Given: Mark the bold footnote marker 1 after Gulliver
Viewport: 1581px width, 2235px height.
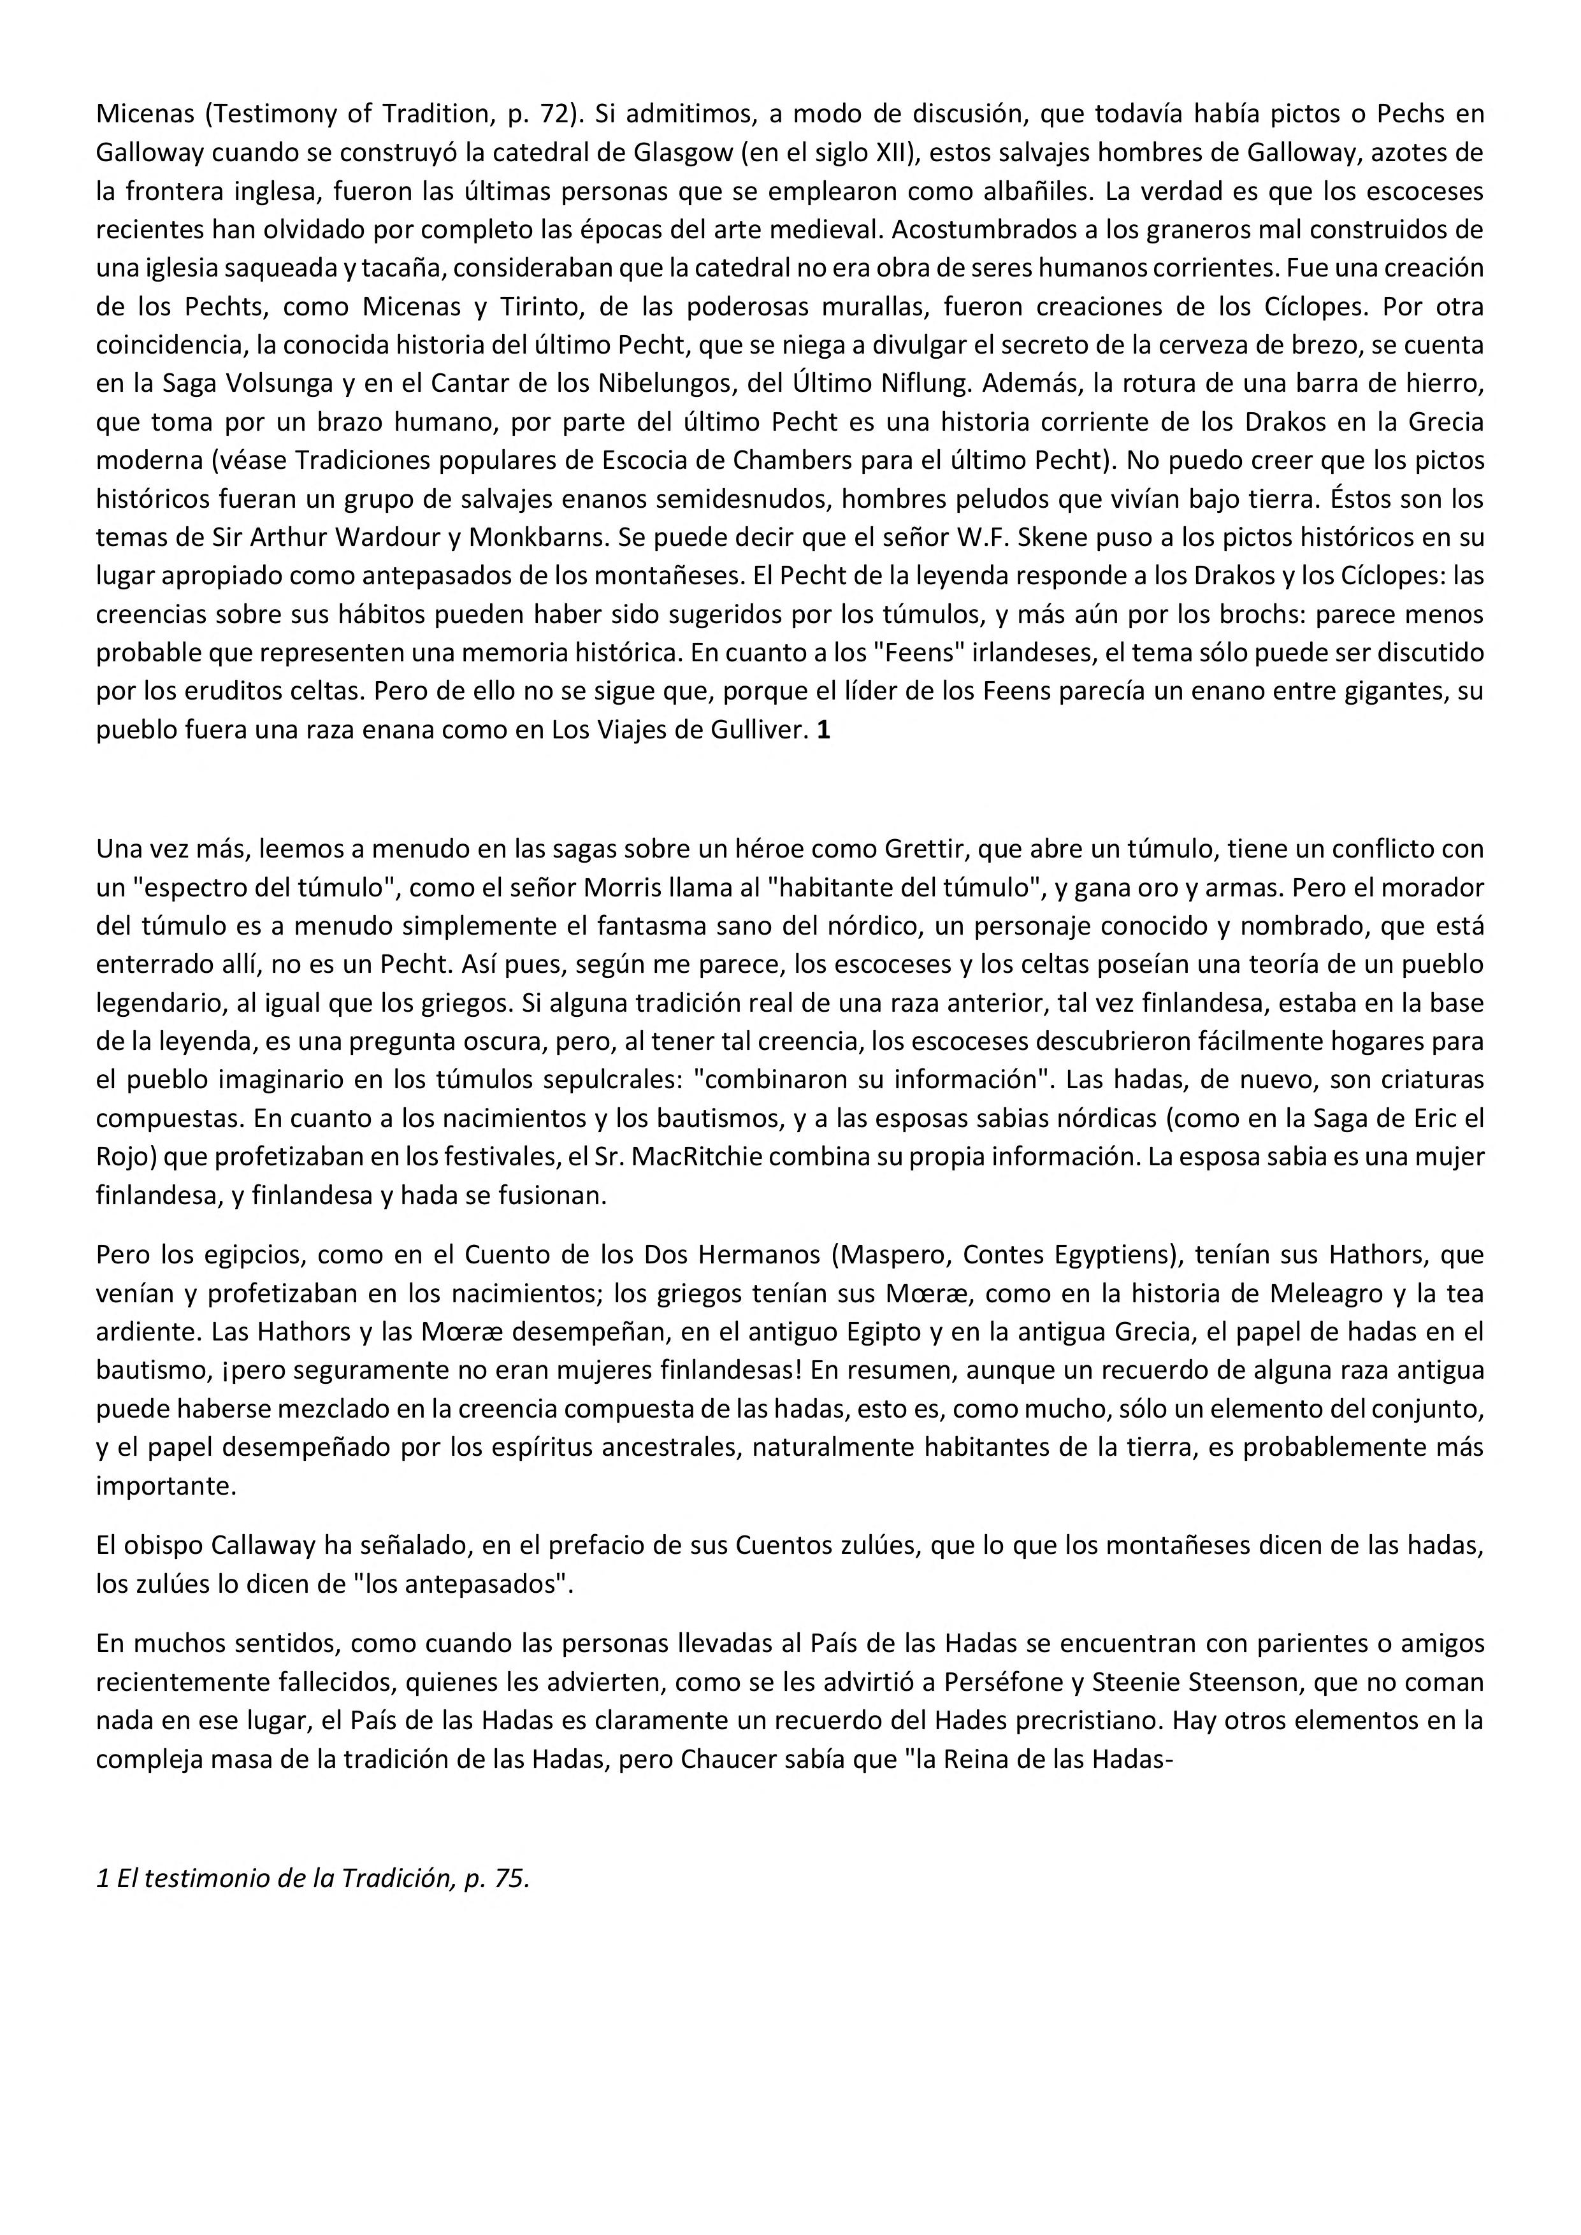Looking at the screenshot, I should (823, 730).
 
